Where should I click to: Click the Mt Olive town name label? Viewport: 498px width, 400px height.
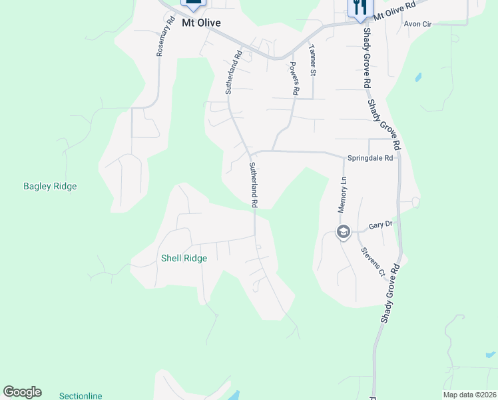click(x=201, y=23)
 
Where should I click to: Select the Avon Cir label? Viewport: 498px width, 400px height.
click(x=418, y=23)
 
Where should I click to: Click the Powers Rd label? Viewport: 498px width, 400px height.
click(x=294, y=77)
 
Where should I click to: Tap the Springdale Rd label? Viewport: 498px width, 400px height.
click(x=371, y=159)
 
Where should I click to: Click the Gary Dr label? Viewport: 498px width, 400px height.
click(x=380, y=226)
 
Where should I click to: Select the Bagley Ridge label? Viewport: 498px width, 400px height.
click(x=50, y=187)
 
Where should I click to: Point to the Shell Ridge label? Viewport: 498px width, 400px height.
click(x=184, y=258)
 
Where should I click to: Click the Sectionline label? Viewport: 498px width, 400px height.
click(x=81, y=396)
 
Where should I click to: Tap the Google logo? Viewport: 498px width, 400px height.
click(x=22, y=392)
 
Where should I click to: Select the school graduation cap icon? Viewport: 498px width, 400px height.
click(x=344, y=232)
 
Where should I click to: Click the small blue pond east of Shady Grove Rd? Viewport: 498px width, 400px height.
click(x=418, y=77)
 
